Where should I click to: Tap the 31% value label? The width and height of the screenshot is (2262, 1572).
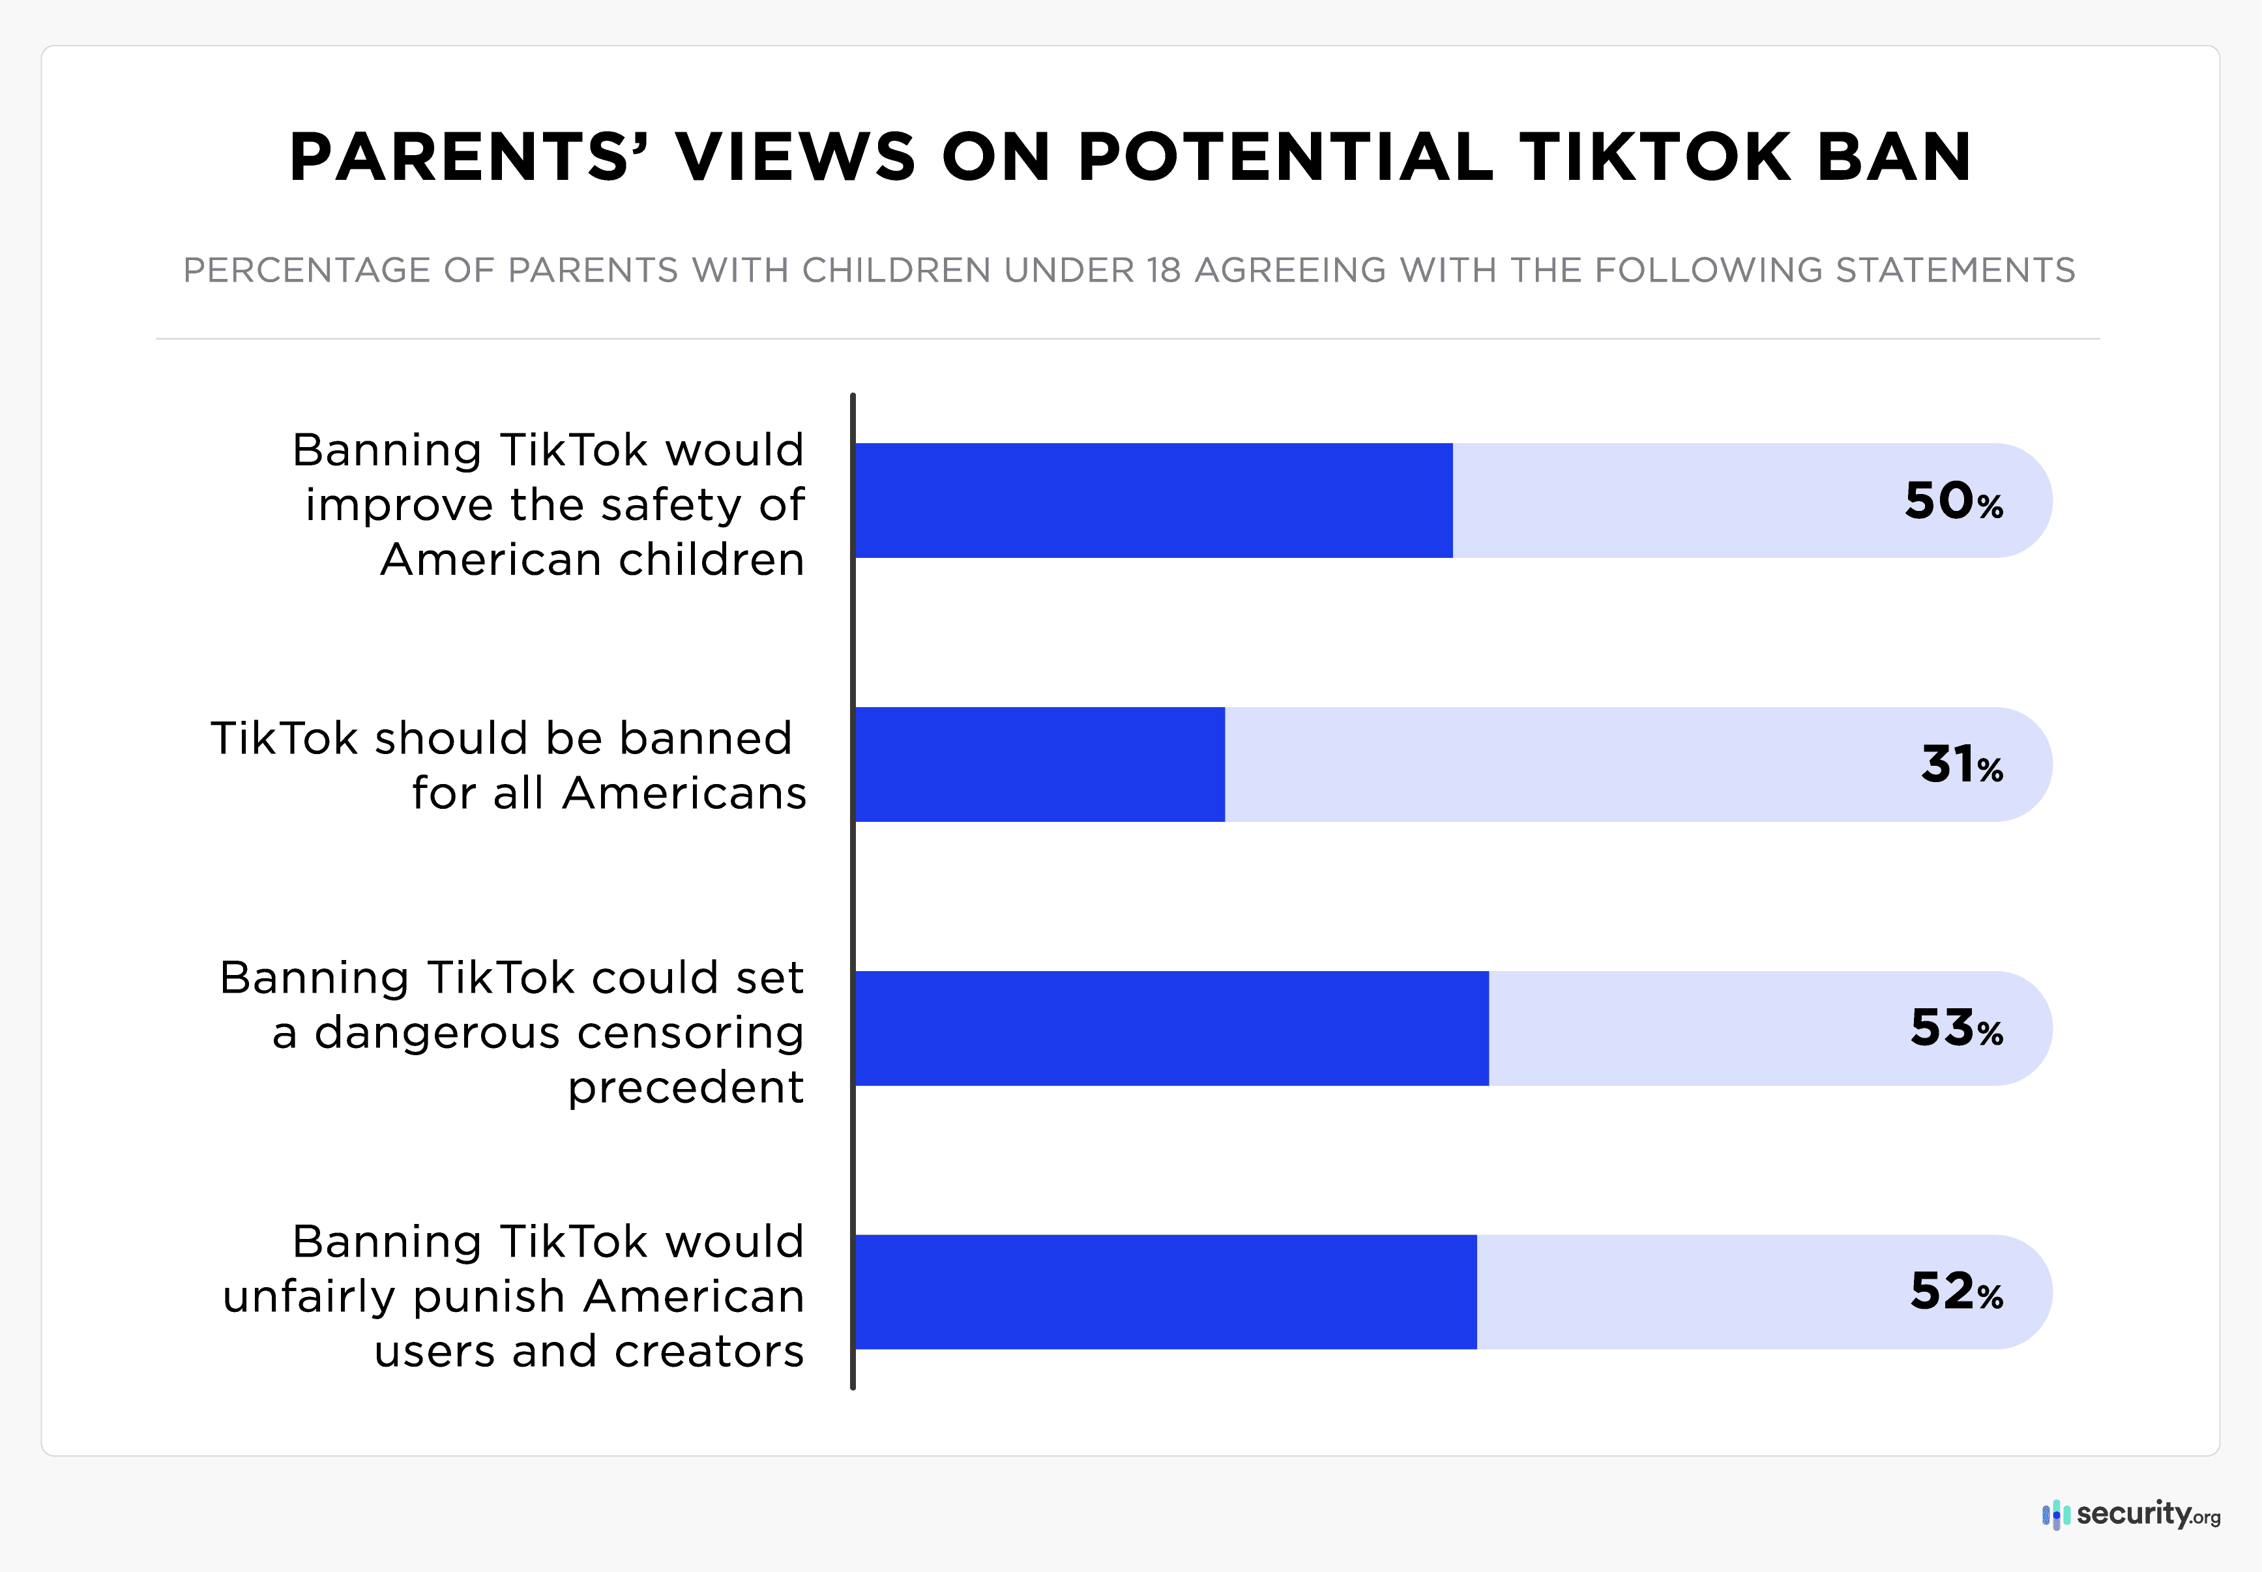(x=1961, y=765)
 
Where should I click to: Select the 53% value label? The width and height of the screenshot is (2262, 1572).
(x=1956, y=1028)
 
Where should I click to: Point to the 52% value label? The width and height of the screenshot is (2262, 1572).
(x=1956, y=1292)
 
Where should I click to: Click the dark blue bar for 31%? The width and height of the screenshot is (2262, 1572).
(x=1039, y=765)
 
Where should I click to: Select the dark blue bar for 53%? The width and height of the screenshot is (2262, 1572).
(x=1171, y=1028)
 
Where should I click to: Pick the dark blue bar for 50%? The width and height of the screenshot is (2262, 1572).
(x=1153, y=501)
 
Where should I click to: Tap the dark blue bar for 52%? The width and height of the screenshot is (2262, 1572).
(x=1166, y=1292)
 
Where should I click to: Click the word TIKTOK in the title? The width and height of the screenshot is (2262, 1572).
(x=1654, y=158)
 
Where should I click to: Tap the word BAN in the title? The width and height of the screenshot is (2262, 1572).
(x=1894, y=158)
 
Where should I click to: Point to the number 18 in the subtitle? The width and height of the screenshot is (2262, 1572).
(x=1164, y=270)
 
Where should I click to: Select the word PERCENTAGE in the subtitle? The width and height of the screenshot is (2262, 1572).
(x=306, y=270)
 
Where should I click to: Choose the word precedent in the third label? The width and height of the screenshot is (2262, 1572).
(x=686, y=1087)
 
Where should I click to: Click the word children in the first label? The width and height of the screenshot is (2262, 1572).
(x=711, y=559)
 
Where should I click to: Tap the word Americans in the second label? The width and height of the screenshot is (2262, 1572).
(x=684, y=793)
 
